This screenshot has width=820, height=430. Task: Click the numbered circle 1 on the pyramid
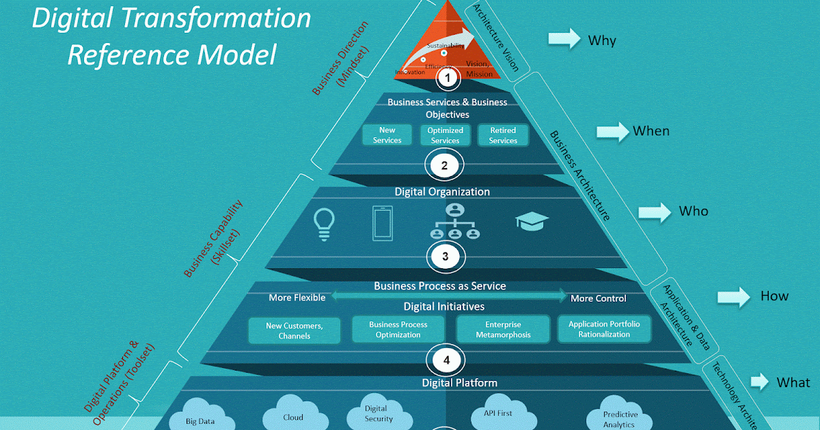point(448,78)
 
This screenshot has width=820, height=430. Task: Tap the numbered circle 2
point(445,164)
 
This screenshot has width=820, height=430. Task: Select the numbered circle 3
point(446,257)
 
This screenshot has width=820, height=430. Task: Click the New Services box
point(387,135)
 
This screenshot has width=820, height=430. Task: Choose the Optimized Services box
point(445,135)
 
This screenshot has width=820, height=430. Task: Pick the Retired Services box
point(503,135)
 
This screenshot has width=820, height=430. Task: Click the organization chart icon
point(454,221)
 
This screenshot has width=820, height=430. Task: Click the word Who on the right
point(693,211)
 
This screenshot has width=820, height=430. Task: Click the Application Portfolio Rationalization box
point(604,329)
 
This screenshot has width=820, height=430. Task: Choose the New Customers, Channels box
point(294,330)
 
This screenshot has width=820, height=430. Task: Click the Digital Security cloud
point(379,414)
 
